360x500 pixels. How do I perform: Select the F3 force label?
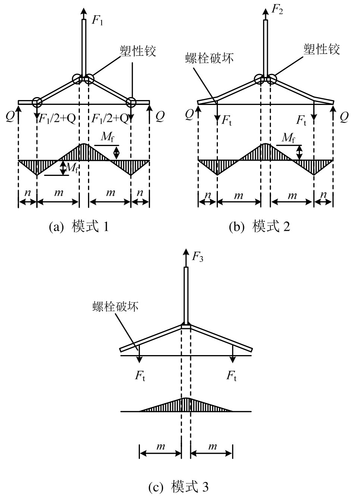(197, 257)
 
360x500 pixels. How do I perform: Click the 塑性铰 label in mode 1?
(138, 51)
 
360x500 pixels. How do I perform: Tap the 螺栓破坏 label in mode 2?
(209, 58)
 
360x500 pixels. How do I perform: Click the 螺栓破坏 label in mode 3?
(116, 307)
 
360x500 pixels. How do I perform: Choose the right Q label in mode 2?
(344, 117)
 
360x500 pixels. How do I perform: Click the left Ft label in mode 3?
(140, 375)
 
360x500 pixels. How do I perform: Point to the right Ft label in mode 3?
(232, 375)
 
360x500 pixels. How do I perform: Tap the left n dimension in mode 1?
(27, 193)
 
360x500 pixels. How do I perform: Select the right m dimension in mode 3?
(212, 446)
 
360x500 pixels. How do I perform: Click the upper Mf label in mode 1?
(108, 137)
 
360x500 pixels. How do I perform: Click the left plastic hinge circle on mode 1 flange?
(37, 102)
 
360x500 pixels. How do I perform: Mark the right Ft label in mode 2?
(301, 120)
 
